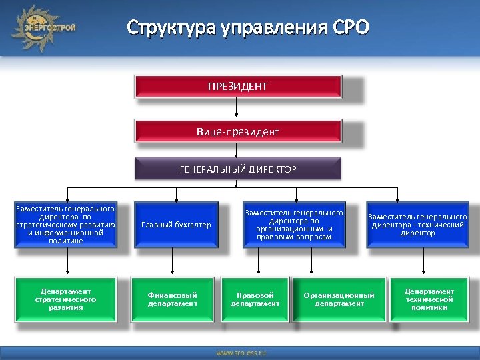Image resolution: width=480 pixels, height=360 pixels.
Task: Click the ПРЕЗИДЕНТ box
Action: [x=238, y=87]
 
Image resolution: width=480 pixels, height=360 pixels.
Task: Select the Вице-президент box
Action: [x=238, y=131]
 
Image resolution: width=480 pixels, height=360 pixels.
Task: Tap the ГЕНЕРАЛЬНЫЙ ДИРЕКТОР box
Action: [x=238, y=169]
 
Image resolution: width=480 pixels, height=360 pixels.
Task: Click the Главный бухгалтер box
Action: [x=176, y=225]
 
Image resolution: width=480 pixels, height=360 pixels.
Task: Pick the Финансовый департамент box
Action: [x=173, y=299]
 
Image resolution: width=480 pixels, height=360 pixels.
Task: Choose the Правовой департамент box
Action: [x=255, y=299]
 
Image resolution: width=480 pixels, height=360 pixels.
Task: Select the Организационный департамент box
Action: [x=339, y=299]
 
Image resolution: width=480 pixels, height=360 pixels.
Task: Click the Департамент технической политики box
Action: [x=429, y=299]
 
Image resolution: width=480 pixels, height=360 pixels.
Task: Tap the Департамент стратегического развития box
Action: [x=65, y=299]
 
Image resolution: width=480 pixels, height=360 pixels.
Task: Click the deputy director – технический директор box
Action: [x=417, y=225]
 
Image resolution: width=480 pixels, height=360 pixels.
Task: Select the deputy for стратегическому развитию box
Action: [x=65, y=225]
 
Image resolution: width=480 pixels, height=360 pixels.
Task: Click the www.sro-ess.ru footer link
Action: [x=241, y=351]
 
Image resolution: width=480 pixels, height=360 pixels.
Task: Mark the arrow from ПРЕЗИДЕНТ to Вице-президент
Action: [x=237, y=109]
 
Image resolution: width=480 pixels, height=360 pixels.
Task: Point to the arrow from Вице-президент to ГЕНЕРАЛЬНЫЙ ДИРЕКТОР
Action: [x=237, y=152]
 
